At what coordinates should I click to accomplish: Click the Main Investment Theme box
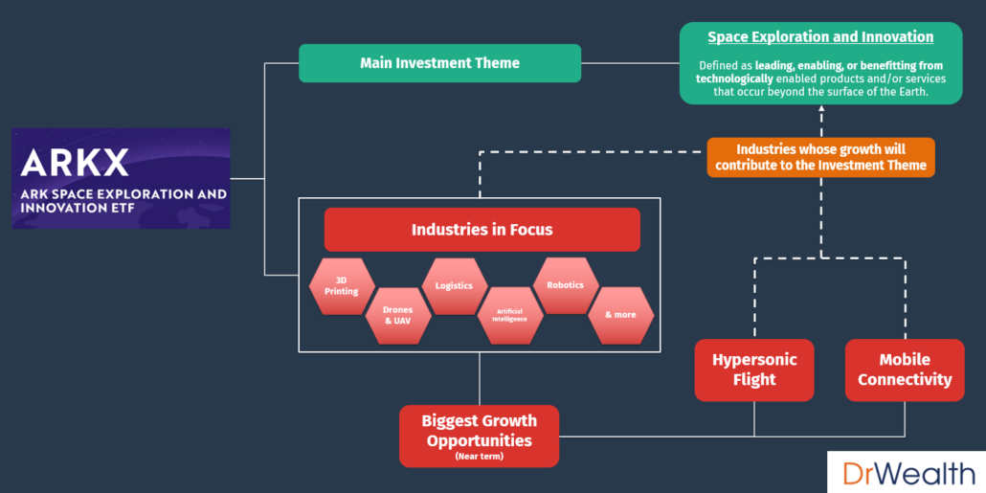(439, 63)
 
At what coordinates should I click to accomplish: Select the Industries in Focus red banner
(482, 230)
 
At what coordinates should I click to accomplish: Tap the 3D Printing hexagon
(342, 285)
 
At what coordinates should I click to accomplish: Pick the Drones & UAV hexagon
(397, 315)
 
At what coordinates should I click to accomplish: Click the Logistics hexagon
(454, 285)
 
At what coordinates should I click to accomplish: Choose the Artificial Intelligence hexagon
(510, 315)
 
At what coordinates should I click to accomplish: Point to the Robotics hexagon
(565, 285)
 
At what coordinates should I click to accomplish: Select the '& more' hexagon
(620, 315)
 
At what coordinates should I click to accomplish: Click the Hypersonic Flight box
(754, 370)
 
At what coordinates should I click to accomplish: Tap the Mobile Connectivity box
(905, 370)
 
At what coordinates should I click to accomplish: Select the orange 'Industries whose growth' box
(820, 157)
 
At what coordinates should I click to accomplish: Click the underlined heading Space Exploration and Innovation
(820, 37)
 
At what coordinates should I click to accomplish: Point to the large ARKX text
(75, 162)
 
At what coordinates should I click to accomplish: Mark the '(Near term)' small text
(480, 457)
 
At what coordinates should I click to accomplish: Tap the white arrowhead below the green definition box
(820, 111)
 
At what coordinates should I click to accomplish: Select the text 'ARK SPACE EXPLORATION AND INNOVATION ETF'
(123, 200)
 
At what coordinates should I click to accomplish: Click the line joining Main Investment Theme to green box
(630, 63)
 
